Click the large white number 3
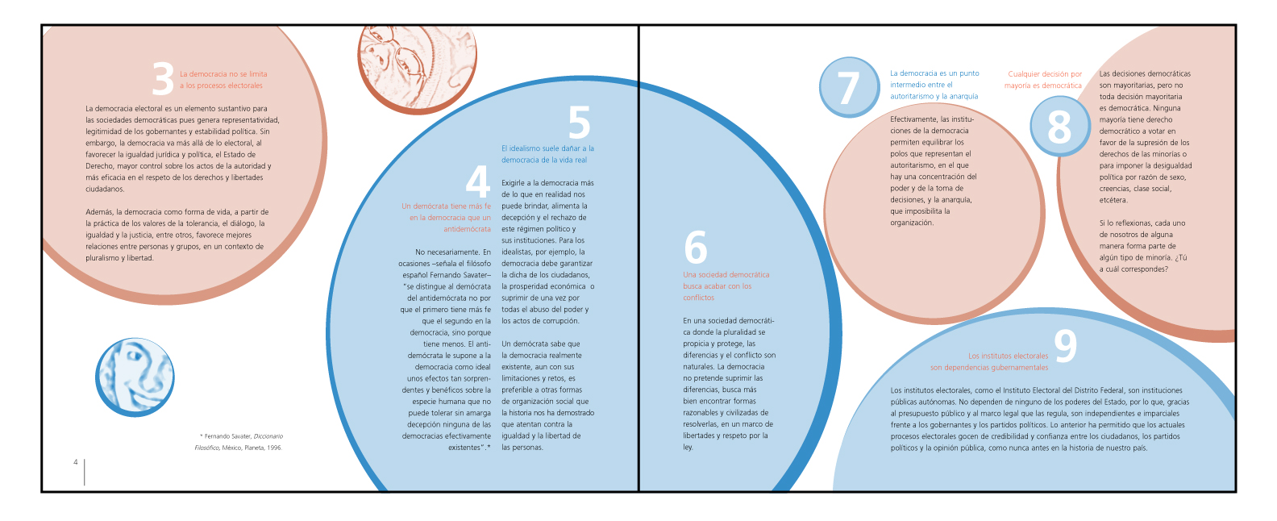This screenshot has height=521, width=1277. pos(163,79)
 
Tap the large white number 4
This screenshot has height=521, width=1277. pos(478,181)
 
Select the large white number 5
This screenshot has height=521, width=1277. pos(579,123)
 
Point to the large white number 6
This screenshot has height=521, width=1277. pos(695,248)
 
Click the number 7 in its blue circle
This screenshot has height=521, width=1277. pos(848,88)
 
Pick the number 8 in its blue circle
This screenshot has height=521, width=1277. pos(1059,127)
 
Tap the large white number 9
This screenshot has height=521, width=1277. pos(1065,345)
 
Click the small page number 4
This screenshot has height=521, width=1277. pos(76,462)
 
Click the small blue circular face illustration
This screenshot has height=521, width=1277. pos(135,377)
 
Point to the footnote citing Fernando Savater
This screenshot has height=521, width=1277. pos(239,442)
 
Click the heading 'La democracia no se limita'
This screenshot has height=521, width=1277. pos(223,74)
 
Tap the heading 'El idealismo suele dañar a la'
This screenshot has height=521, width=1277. pos(547,148)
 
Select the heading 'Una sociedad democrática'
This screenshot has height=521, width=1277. pos(726,275)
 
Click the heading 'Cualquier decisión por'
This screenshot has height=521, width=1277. pos(1045,74)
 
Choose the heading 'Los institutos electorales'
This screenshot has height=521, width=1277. pos(1008,356)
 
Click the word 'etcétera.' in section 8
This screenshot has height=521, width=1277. pos(1113,200)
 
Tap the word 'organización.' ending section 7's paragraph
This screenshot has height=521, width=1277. pos(912,223)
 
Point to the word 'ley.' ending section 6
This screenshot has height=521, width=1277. pos(688,448)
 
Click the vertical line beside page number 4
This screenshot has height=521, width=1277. pos(84,472)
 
